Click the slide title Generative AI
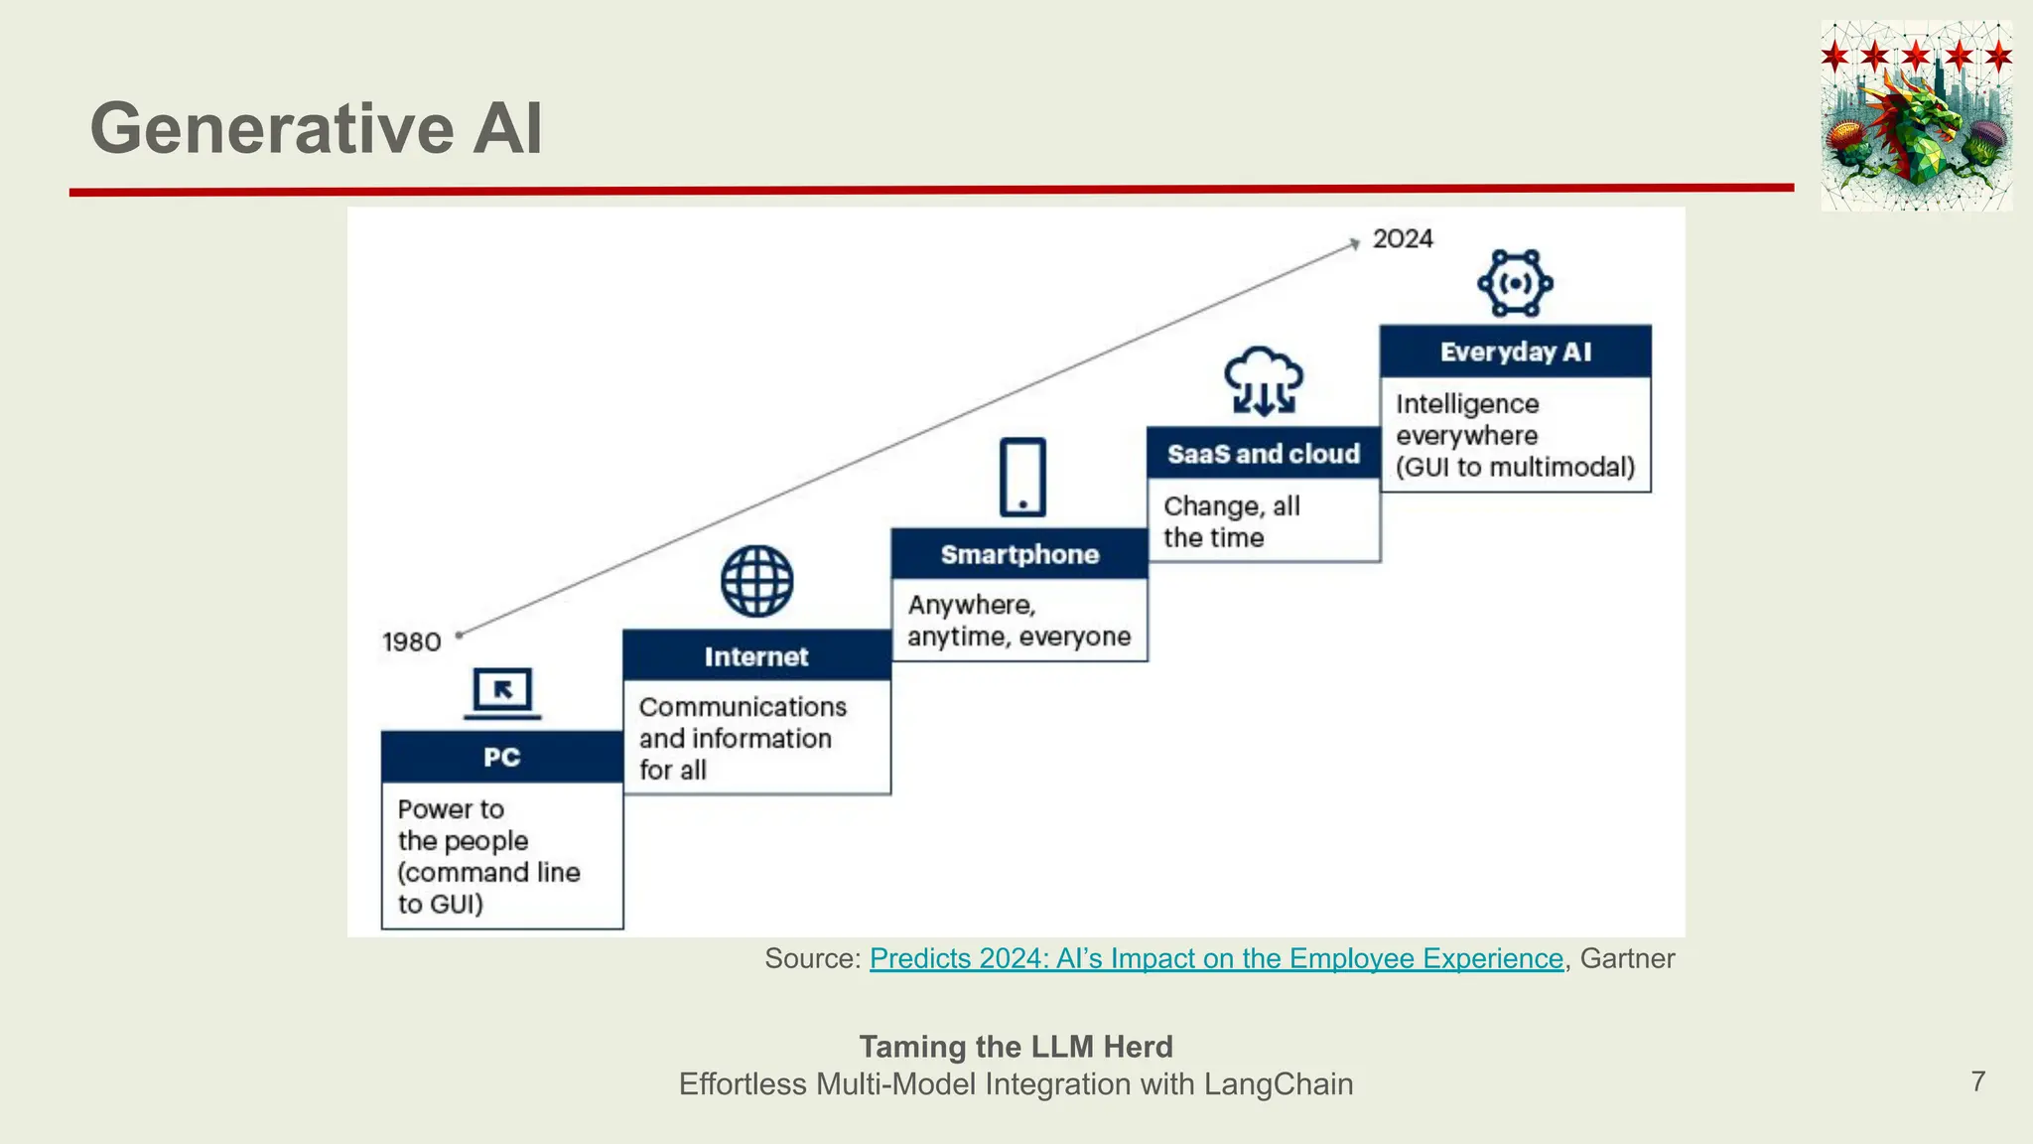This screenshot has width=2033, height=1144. pos(316,129)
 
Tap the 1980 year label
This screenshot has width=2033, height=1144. pos(411,643)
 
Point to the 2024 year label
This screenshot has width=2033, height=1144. pos(1403,239)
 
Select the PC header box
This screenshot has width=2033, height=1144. pos(501,757)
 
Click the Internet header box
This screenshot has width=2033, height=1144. pos(756,656)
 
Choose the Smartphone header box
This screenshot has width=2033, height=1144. pos(1019,554)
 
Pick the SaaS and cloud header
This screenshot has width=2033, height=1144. pos(1263,454)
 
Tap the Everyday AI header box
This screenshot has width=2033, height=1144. pos(1515,352)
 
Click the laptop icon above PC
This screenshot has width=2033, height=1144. pos(502,693)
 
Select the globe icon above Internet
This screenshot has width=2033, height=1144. pos(756,581)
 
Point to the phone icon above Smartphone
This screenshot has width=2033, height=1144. pos(1022,477)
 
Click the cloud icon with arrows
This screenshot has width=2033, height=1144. pos(1263,380)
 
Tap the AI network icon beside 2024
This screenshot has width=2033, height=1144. pos(1515,284)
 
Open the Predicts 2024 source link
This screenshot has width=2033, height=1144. pos(1216,958)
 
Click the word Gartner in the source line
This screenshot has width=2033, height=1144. pos(1627,958)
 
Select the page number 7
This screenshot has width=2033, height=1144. pos(1978,1081)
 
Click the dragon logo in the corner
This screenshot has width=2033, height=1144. pos(1916,117)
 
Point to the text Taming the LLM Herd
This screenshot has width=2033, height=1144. pos(1016,1047)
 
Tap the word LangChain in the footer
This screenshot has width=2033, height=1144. pos(1278,1083)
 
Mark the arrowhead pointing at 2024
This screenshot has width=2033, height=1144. pos(1355,243)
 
